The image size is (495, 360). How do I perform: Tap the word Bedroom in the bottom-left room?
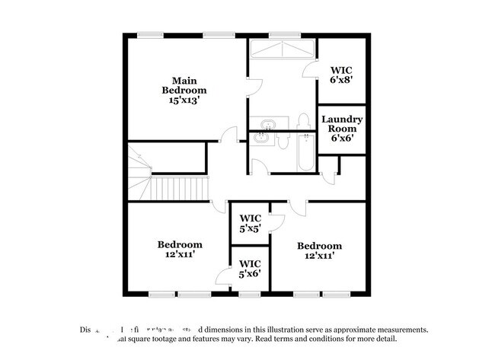point(180,244)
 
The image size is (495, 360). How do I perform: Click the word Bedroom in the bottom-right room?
point(319,246)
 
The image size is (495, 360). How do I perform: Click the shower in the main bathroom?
point(282,49)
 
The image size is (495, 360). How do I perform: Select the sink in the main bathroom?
point(267,124)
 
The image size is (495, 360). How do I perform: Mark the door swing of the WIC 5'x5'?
point(276,221)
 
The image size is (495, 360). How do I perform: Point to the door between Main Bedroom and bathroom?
point(251,88)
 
